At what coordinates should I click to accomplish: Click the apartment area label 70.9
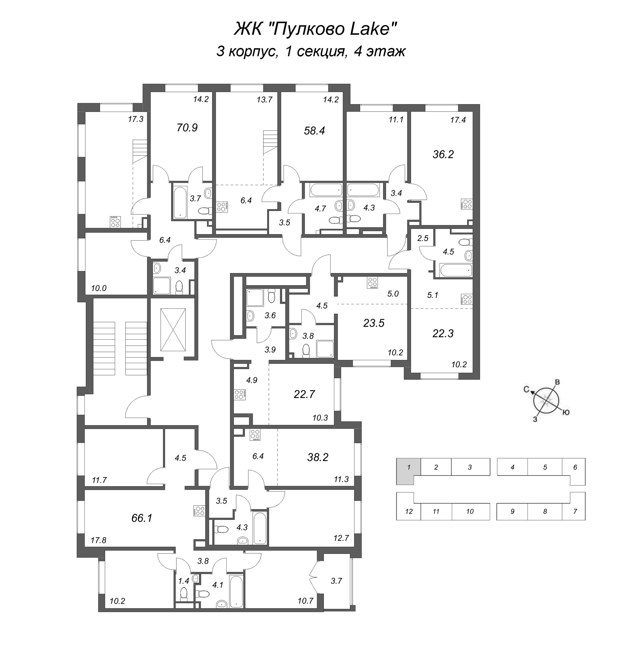tap(187, 128)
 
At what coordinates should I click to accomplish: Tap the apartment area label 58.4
tap(314, 131)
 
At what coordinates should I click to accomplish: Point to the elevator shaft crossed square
tap(173, 330)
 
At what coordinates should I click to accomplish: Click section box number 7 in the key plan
tap(575, 511)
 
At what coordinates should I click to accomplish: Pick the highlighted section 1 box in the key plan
tap(408, 467)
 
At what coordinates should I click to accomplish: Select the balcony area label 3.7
tap(336, 581)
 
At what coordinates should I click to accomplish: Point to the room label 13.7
tap(264, 99)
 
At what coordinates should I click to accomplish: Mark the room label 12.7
tap(341, 538)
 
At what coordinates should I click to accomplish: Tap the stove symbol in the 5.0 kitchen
tap(372, 282)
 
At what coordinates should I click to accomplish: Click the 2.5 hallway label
tap(423, 238)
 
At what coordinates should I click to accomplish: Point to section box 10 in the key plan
tap(470, 511)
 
